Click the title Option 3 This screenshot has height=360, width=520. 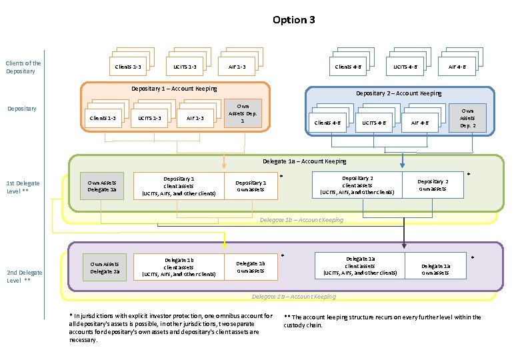pos(293,20)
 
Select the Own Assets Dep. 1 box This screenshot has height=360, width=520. pos(243,113)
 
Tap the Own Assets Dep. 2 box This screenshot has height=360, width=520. pos(467,118)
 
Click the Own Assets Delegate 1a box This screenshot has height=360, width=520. pos(102,186)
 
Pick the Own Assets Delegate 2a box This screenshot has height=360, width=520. pos(103,267)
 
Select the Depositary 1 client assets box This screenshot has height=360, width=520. pos(179,186)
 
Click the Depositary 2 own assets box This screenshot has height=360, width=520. pos(433,185)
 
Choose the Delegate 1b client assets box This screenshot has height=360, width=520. pos(179,267)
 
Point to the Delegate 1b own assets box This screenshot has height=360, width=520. pos(251,267)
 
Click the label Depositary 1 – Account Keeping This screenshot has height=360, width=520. pos(174,89)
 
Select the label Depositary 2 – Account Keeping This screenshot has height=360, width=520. pos(399,93)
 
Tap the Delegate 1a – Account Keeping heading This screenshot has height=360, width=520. pos(305,161)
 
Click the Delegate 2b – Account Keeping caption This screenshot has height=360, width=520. pos(293,297)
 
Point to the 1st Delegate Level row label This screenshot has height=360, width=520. pos(23,187)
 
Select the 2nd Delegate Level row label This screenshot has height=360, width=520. pos(24,276)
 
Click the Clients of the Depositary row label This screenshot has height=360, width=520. pos(23,67)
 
